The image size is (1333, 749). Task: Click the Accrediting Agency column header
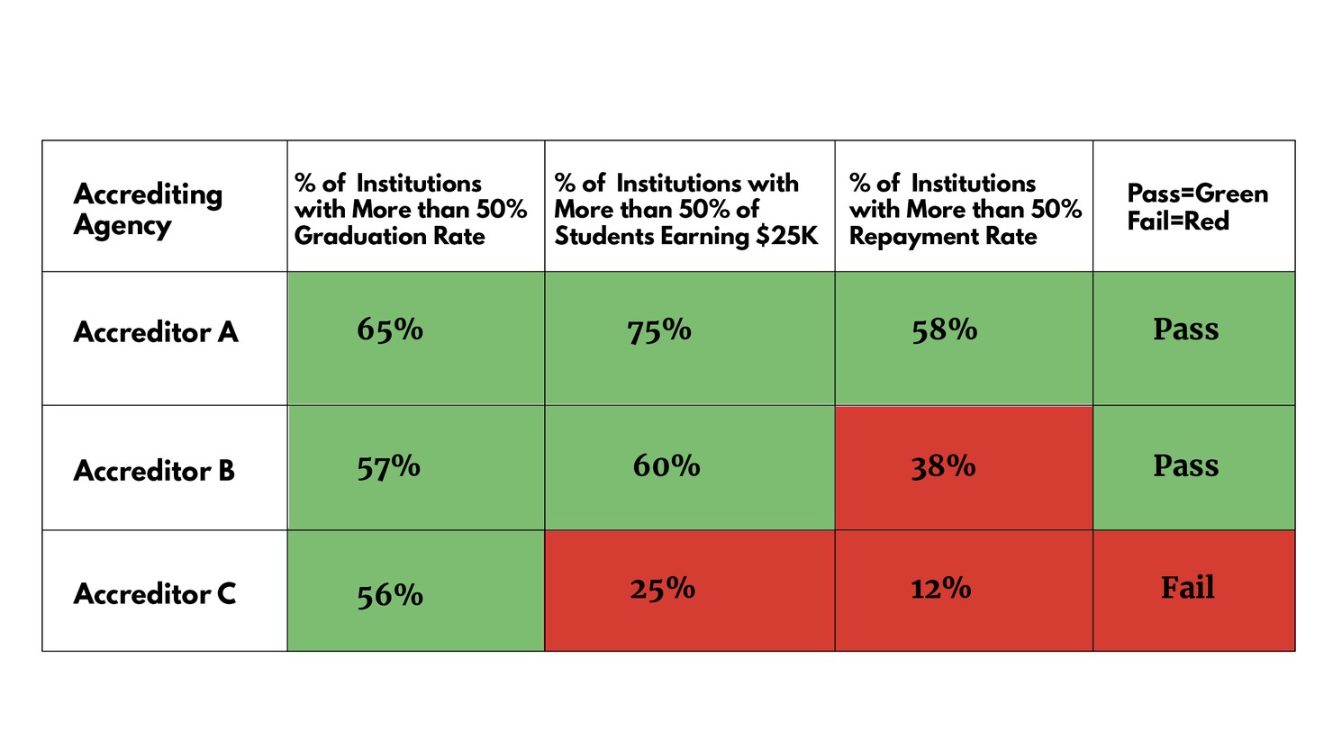pyautogui.click(x=148, y=208)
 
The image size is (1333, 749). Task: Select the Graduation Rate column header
pyautogui.click(x=410, y=210)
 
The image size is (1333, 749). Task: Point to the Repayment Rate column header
pyautogui.click(x=965, y=210)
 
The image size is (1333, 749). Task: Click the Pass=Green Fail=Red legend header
pyautogui.click(x=1197, y=207)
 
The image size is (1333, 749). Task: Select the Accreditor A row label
pyautogui.click(x=156, y=332)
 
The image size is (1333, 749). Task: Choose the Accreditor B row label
pyautogui.click(x=154, y=471)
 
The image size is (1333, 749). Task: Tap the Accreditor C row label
pyautogui.click(x=155, y=594)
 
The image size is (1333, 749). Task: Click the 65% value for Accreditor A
pyautogui.click(x=390, y=329)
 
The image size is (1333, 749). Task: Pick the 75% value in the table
pyautogui.click(x=659, y=330)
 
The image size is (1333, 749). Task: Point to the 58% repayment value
pyautogui.click(x=944, y=330)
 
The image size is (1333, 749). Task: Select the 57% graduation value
pyautogui.click(x=389, y=467)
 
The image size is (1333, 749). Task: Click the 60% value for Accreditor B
pyautogui.click(x=666, y=465)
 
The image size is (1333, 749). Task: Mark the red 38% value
pyautogui.click(x=943, y=466)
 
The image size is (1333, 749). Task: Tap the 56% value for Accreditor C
pyautogui.click(x=390, y=595)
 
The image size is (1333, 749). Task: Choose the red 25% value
pyautogui.click(x=662, y=589)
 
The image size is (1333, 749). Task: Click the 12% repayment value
pyautogui.click(x=940, y=589)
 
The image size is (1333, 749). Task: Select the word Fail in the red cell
pyautogui.click(x=1187, y=588)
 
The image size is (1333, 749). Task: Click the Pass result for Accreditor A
pyautogui.click(x=1185, y=329)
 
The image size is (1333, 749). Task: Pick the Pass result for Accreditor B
pyautogui.click(x=1185, y=465)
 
